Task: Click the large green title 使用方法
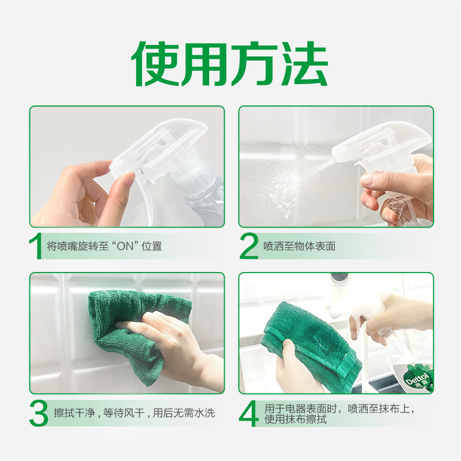pos(229,64)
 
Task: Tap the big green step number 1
pos(35,247)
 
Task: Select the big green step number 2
pos(249,247)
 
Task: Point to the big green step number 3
pos(39,413)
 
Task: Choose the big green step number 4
pos(249,414)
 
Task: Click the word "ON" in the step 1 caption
pos(125,246)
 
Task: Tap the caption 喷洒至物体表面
pos(299,246)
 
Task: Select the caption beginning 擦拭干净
pos(134,413)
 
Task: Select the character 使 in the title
pos(155,64)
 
